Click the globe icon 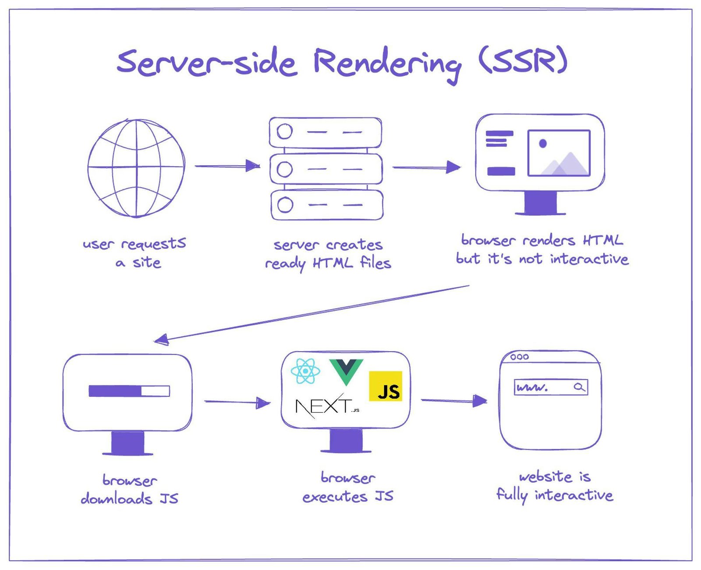point(136,168)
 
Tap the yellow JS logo point(385,386)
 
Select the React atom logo point(305,371)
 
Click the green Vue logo point(346,371)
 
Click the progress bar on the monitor point(129,391)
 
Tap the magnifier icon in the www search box point(579,387)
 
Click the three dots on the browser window point(519,357)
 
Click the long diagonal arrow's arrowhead point(161,339)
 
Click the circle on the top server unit point(285,131)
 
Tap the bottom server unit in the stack point(326,205)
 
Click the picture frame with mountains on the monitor point(559,153)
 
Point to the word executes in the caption point(335,497)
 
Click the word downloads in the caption point(117,499)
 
